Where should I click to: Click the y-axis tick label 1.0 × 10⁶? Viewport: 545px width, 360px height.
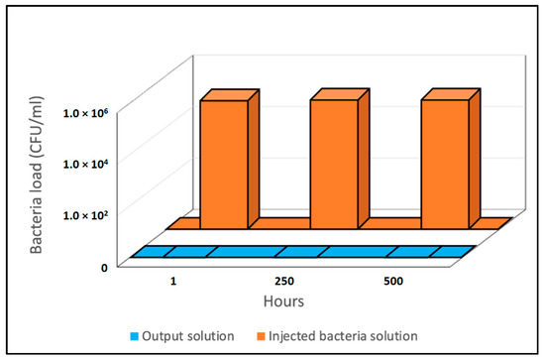point(86,112)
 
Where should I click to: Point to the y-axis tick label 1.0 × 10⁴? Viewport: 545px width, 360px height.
point(86,163)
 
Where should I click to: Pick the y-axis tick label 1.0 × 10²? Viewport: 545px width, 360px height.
point(86,215)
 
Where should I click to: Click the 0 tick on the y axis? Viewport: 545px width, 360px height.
point(104,268)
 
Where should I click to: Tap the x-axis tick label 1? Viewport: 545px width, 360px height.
point(173,281)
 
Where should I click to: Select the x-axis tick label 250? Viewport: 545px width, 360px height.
point(284,281)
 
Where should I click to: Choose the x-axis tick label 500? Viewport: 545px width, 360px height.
point(393,281)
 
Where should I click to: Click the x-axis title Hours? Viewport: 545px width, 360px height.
point(283,301)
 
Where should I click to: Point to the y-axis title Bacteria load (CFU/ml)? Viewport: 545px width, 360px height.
point(36,175)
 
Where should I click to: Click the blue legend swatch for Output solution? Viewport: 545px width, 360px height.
point(134,337)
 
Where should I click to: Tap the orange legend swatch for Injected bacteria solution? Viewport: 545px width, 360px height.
point(261,337)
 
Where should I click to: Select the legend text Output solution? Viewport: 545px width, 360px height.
point(188,336)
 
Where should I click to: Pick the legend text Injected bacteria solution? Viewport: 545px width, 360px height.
point(343,336)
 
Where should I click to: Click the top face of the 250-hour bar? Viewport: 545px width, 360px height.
point(340,94)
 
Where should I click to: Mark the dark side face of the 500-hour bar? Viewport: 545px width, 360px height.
point(475,159)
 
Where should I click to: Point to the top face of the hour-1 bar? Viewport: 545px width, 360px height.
point(230,94)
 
